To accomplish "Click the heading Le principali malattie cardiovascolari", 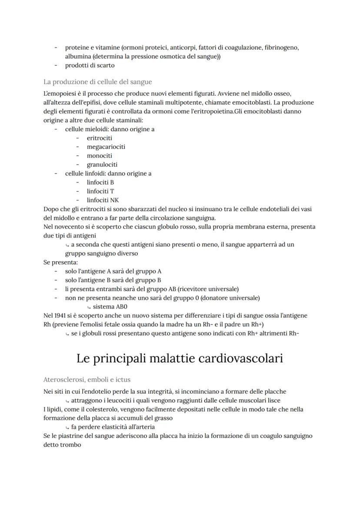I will pyautogui.click(x=180, y=359).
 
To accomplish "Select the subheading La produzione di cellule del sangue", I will pyautogui.click(x=97, y=82).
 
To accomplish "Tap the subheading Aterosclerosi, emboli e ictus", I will pyautogui.click(x=87, y=379).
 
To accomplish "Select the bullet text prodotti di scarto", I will pyautogui.click(x=90, y=65).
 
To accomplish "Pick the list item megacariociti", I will pyautogui.click(x=106, y=147).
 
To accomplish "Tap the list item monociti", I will pyautogui.click(x=100, y=156).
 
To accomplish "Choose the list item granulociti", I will pyautogui.click(x=102, y=165).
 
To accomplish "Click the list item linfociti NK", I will pyautogui.click(x=103, y=200).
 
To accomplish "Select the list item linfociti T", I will pyautogui.click(x=100, y=191).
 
